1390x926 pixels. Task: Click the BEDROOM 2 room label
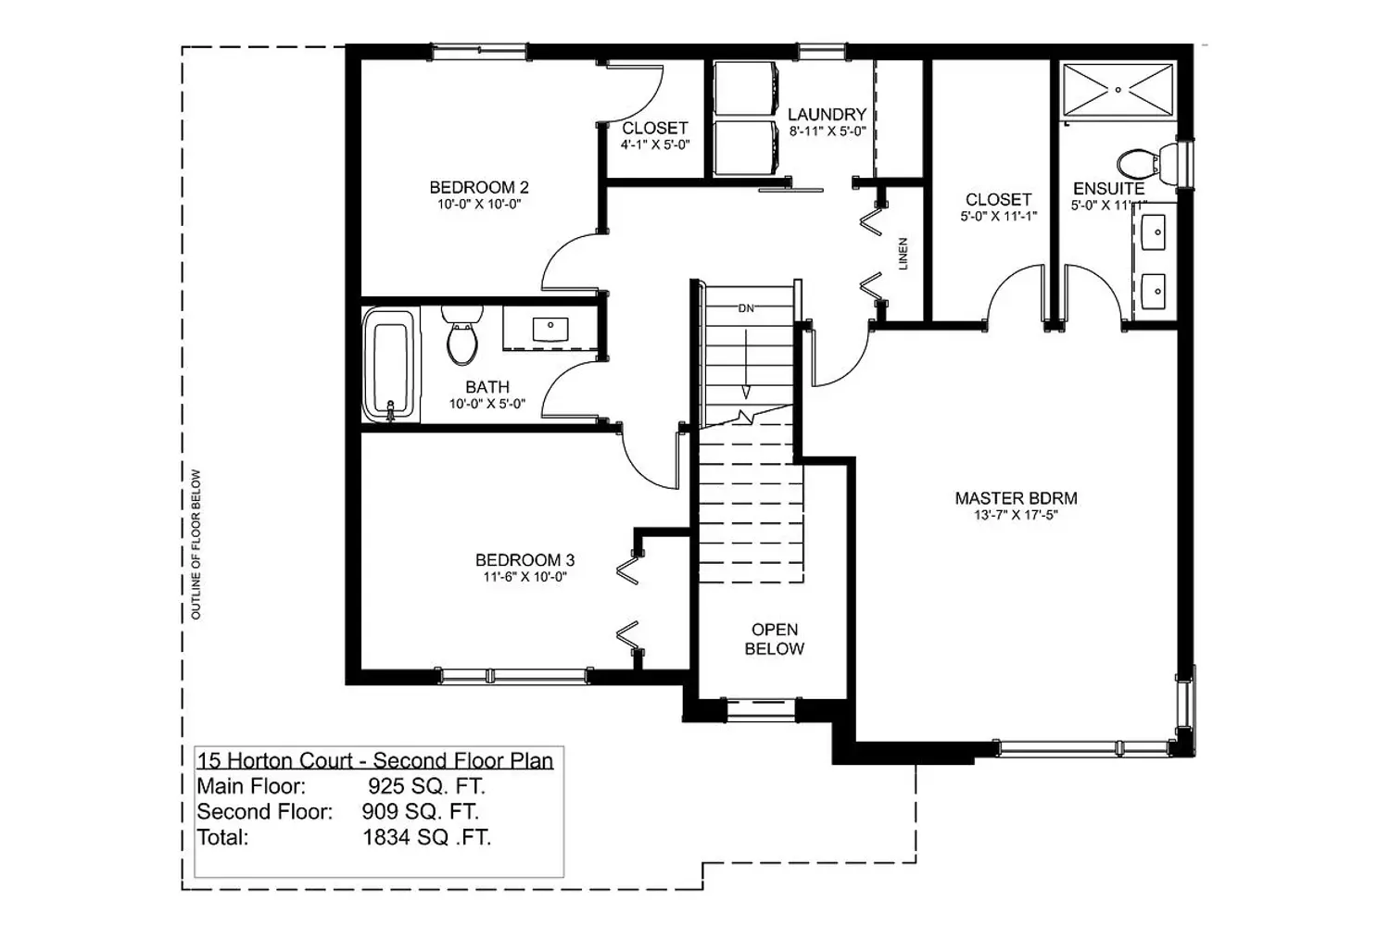[x=479, y=187]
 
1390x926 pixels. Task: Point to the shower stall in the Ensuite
[x=1118, y=90]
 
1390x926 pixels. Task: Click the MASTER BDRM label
[x=1016, y=497]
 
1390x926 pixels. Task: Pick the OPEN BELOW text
[x=775, y=639]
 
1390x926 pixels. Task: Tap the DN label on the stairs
[x=746, y=308]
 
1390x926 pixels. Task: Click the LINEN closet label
[x=903, y=254]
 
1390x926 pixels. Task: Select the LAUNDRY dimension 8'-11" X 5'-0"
[x=828, y=131]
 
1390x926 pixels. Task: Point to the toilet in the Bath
[x=462, y=335]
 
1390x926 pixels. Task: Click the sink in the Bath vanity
[x=550, y=329]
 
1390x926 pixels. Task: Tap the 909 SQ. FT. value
[x=420, y=811]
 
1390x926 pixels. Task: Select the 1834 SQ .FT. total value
[x=427, y=837]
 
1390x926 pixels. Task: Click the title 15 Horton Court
[x=274, y=760]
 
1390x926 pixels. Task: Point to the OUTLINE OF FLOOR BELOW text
[x=196, y=544]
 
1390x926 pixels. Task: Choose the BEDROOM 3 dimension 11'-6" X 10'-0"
[x=525, y=577]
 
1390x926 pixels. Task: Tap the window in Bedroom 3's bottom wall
[x=514, y=675]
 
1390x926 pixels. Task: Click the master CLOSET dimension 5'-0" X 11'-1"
[x=999, y=217]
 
